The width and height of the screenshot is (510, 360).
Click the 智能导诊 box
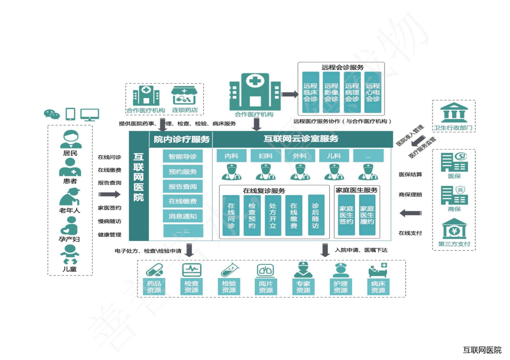pos(182,156)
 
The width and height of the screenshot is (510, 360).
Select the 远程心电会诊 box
pos(373,92)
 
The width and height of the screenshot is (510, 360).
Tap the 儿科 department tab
pos(334,156)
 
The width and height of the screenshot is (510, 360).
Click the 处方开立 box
pos(273,216)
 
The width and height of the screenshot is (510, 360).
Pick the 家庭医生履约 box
pos(367,215)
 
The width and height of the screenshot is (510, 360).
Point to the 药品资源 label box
pos(154,286)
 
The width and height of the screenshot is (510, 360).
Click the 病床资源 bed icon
pos(378,270)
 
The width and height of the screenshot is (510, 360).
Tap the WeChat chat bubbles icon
pos(52,114)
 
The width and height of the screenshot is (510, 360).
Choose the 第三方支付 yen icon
pos(454,228)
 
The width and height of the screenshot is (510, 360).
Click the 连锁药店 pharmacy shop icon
pos(184,95)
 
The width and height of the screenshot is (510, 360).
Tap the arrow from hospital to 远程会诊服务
pos(290,94)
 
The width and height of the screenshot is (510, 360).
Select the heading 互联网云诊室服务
pos(301,139)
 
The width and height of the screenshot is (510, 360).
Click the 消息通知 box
pos(182,216)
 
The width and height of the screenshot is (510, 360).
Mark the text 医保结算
pos(410,174)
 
